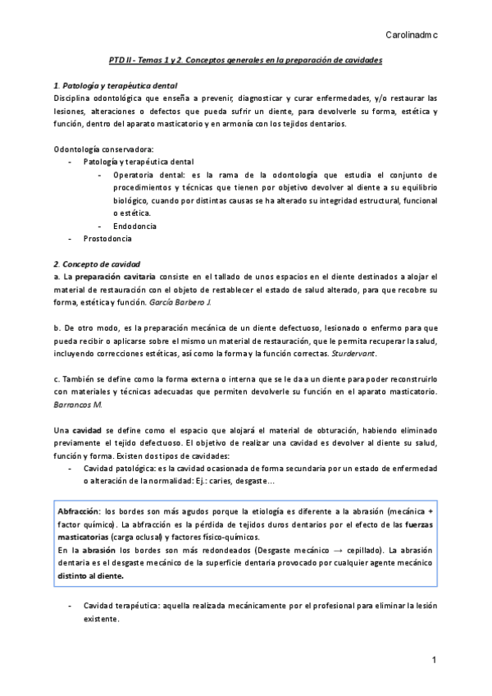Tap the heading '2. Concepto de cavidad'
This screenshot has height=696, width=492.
(x=96, y=264)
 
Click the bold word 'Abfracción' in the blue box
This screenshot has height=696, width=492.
(x=80, y=511)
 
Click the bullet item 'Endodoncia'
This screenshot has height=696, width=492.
(x=135, y=226)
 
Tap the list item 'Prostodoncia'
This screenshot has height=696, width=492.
(x=107, y=239)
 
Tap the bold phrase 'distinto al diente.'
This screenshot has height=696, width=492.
(x=90, y=575)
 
